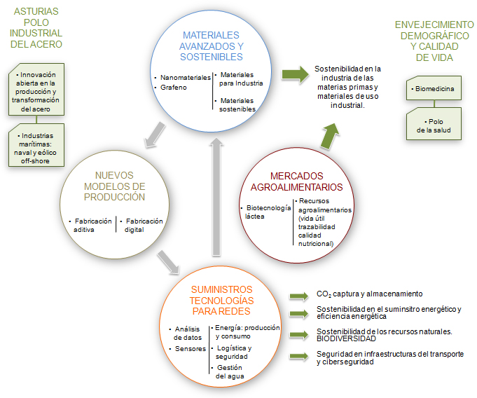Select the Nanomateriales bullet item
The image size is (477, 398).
(181, 78)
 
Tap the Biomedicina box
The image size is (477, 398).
(434, 89)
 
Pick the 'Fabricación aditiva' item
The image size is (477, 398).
(92, 225)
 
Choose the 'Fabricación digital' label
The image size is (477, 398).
(144, 225)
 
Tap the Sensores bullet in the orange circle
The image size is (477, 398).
(191, 348)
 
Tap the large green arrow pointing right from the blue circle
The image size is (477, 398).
(294, 75)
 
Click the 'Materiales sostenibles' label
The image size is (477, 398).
(237, 104)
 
